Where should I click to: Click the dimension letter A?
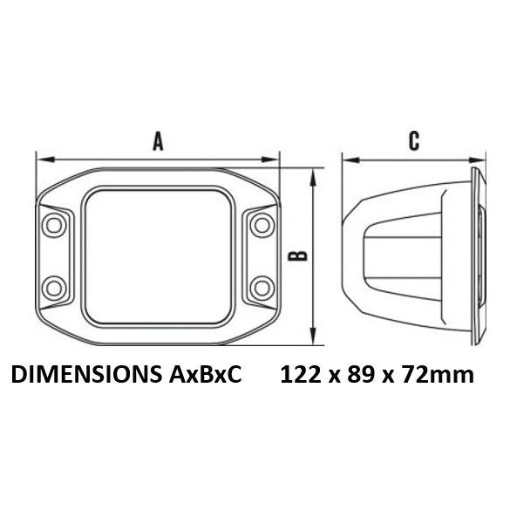[158, 141]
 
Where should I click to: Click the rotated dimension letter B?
[298, 256]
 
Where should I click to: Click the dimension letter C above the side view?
[414, 141]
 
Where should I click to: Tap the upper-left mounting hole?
[54, 225]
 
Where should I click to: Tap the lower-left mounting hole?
[54, 288]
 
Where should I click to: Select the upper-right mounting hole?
[262, 225]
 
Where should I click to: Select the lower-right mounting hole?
[262, 288]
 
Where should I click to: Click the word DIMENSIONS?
[86, 374]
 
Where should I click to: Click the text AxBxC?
[205, 374]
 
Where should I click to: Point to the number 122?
[301, 374]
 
